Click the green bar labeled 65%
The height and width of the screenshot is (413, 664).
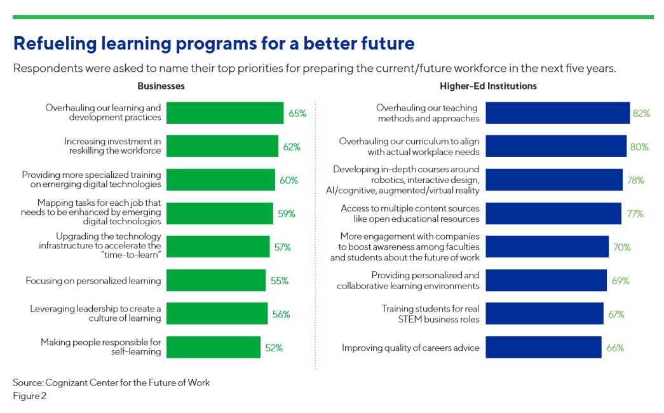tap(225, 112)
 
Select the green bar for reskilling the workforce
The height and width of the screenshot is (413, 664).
tap(222, 146)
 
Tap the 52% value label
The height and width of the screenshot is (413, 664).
tap(274, 348)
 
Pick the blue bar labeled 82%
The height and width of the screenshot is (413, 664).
tap(558, 112)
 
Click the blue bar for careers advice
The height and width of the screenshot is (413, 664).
tap(543, 348)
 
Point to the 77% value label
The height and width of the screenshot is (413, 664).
tap(635, 214)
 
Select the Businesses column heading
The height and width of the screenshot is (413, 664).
tap(161, 86)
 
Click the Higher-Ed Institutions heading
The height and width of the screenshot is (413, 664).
tap(488, 86)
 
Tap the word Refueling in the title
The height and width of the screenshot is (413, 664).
tap(55, 44)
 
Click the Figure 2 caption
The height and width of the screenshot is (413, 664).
tap(30, 396)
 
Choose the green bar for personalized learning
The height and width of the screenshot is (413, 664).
tap(216, 280)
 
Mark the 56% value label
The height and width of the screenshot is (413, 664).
tap(281, 315)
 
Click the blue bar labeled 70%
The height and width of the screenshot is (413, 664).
tap(547, 247)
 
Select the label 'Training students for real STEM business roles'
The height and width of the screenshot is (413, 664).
tap(430, 314)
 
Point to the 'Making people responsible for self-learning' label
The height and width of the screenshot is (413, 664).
tap(101, 346)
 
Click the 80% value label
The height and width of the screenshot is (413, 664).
tap(639, 147)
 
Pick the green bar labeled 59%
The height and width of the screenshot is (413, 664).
tap(220, 213)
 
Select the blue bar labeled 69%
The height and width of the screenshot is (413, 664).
tap(546, 280)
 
